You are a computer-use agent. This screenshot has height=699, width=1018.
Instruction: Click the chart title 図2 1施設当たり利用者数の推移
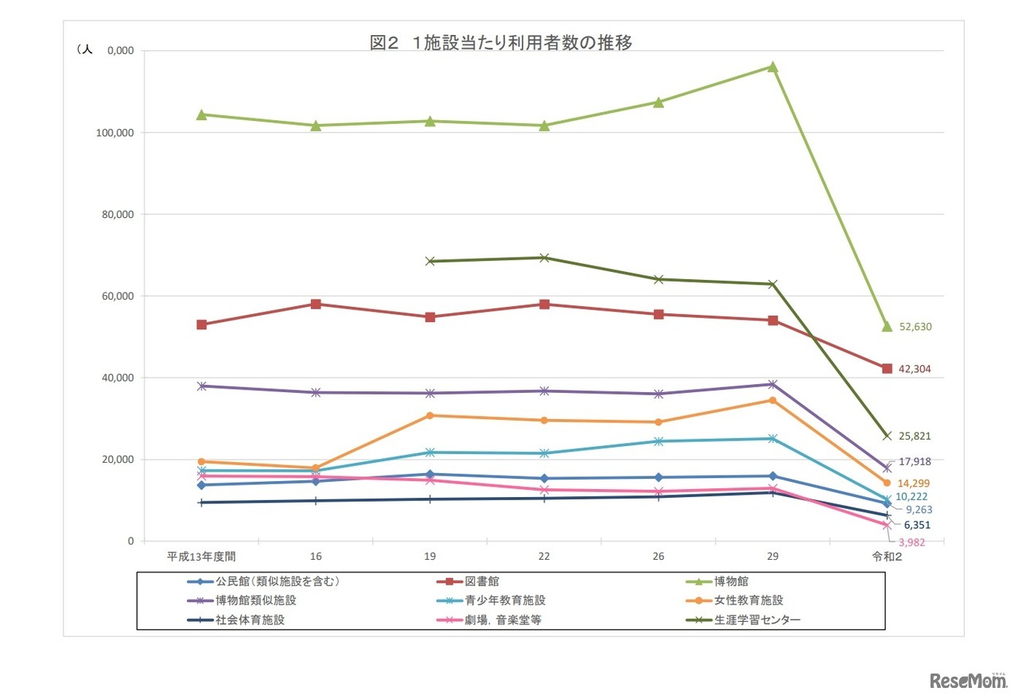pos(501,43)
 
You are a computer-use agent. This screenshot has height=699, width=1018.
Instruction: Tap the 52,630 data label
pos(915,327)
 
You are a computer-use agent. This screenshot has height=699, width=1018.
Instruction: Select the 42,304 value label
pos(915,369)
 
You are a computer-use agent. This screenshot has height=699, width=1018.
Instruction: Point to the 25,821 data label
pos(915,437)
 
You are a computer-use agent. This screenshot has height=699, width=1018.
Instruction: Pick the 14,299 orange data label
pos(914,483)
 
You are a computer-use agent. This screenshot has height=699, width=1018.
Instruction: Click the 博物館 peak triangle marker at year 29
pos(772,67)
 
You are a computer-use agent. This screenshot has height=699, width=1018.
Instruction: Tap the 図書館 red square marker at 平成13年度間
pos(202,324)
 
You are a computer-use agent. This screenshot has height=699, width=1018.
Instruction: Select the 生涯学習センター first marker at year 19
pos(430,261)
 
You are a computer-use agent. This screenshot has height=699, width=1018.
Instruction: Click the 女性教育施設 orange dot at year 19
pos(430,415)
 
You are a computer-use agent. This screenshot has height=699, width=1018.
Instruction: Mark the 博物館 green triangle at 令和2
pos(887,326)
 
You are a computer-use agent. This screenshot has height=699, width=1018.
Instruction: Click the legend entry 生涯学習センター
pos(756,620)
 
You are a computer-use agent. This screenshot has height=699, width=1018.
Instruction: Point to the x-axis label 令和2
pos(887,557)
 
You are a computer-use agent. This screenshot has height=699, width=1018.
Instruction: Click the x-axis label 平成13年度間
pos(201,557)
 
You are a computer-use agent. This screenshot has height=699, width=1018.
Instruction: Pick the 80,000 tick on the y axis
pos(115,215)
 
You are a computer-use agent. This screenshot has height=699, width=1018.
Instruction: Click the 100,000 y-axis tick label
pos(113,133)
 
